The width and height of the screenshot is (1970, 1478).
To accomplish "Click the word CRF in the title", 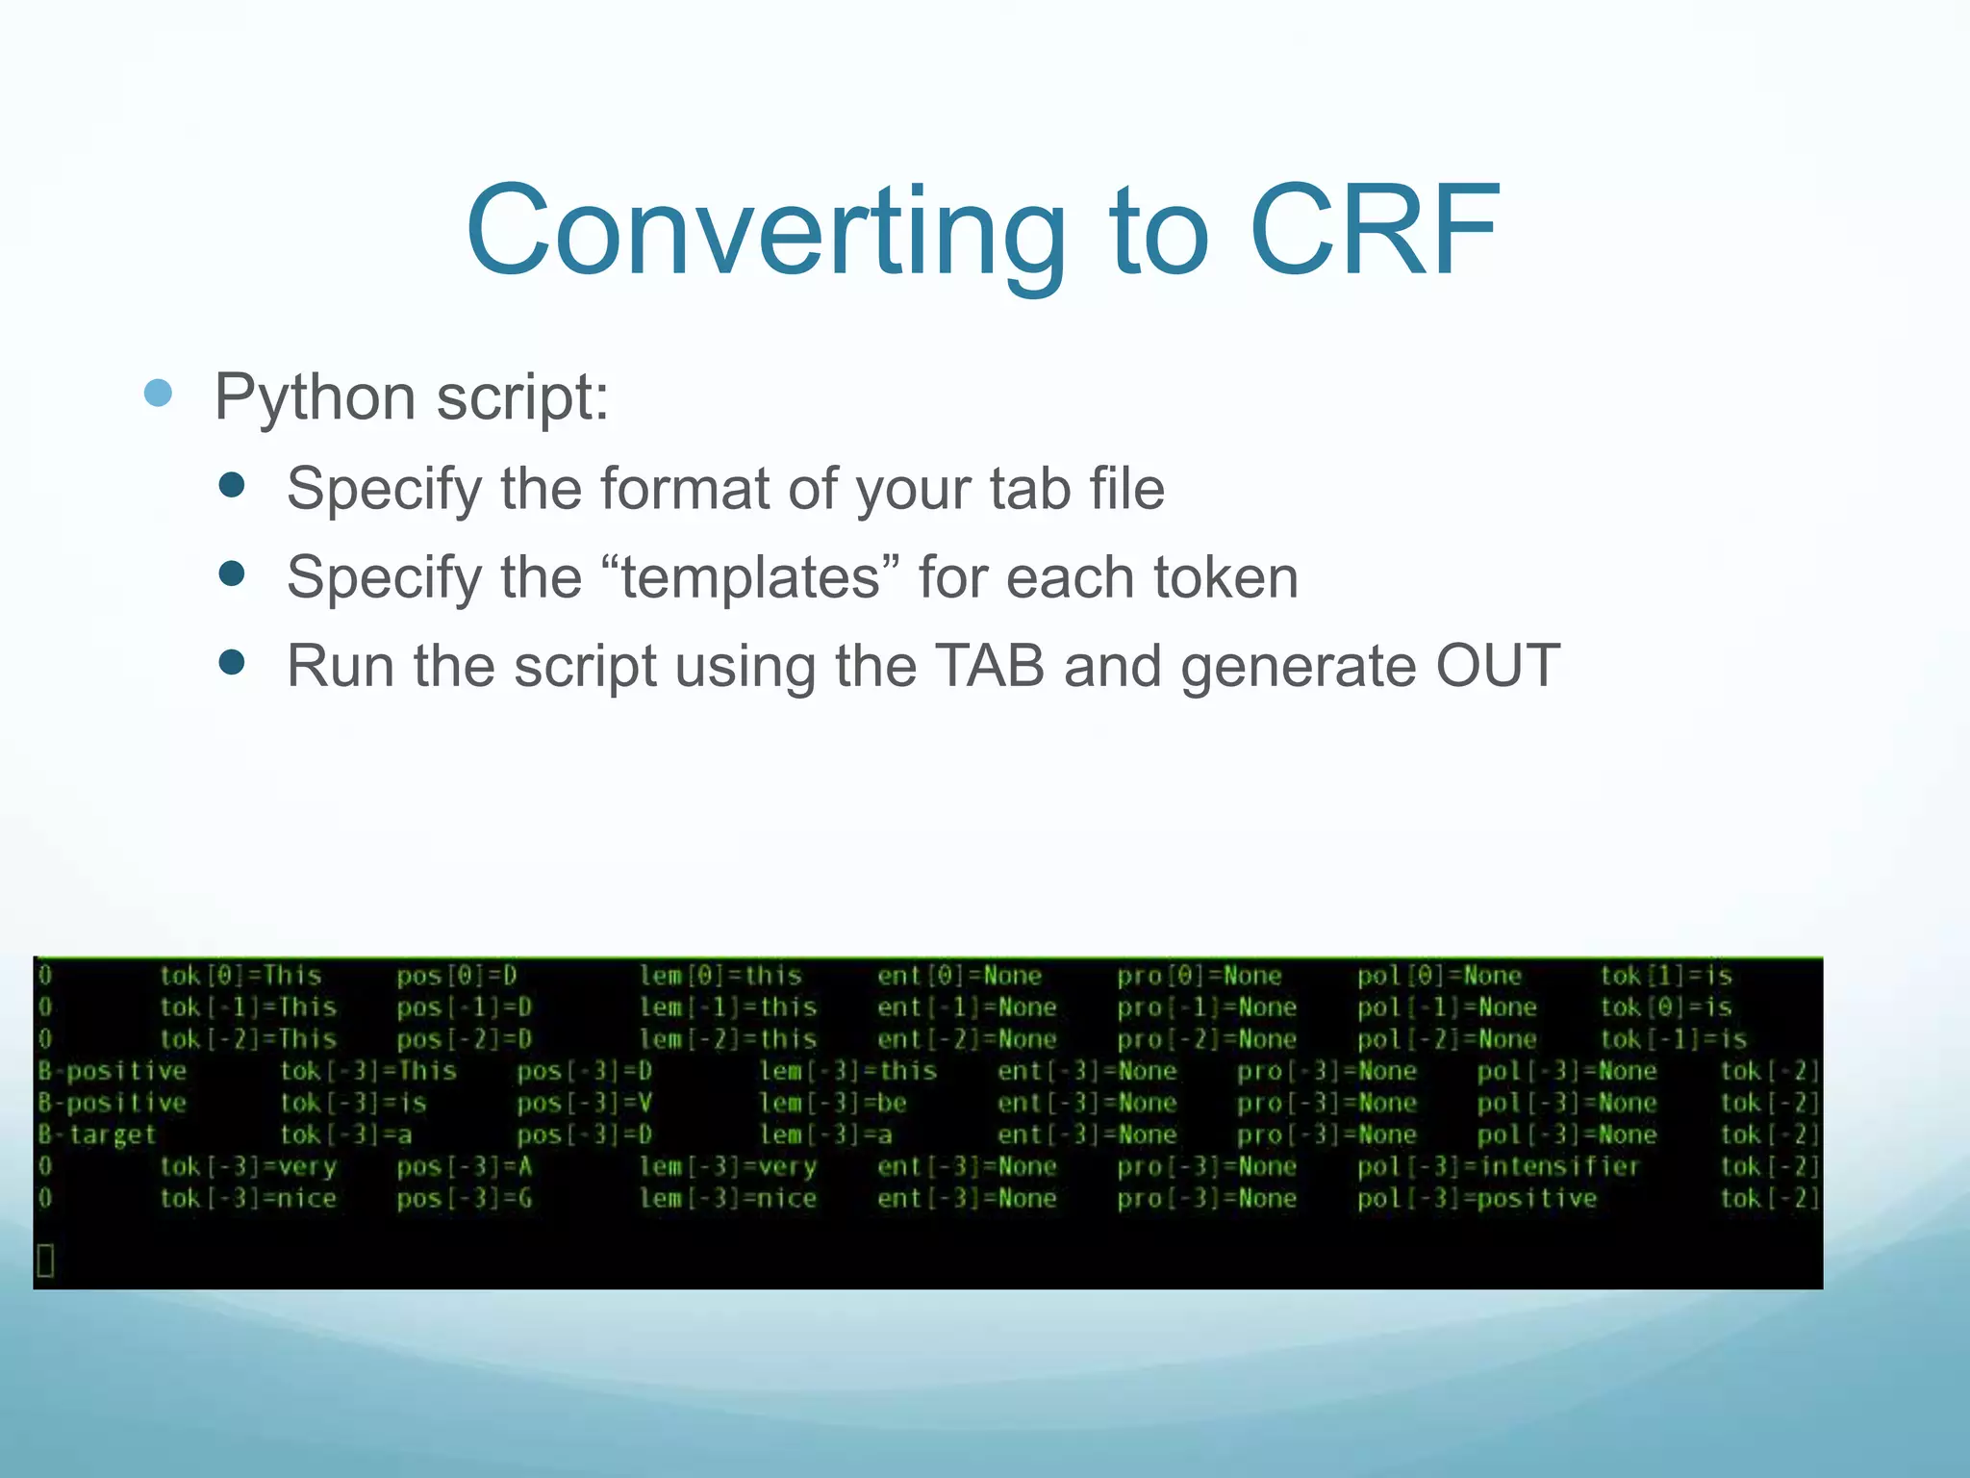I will pos(1375,231).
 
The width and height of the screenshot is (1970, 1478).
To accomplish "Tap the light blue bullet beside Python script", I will pos(158,393).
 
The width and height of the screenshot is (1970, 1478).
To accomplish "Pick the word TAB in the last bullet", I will pos(990,666).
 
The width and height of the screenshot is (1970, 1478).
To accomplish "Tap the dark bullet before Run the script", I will pos(232,662).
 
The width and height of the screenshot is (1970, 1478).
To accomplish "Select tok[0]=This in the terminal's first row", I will pos(240,976).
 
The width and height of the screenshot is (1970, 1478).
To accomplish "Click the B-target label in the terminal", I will pos(96,1134).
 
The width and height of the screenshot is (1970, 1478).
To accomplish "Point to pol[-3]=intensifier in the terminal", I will pos(1498,1166).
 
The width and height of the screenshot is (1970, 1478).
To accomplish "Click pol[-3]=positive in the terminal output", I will pos(1477,1198).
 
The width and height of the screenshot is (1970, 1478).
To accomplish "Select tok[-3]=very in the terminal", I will pos(248,1166).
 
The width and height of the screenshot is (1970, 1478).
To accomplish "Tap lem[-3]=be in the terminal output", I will pos(833,1103).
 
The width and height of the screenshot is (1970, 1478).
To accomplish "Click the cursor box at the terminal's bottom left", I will pos(45,1260).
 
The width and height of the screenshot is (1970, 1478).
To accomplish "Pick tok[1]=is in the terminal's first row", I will pos(1666,976).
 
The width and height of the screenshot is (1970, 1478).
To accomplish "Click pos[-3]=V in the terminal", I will pos(584,1103).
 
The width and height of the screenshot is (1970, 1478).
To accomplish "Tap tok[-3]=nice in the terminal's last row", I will pos(248,1198).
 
